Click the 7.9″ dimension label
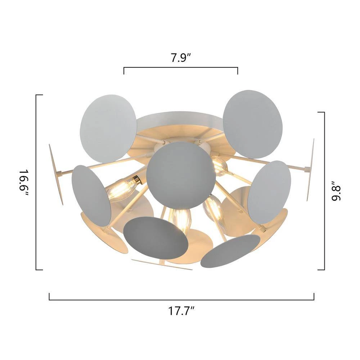coord(181,58)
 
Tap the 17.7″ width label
coord(181,311)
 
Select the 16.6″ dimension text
coord(24,183)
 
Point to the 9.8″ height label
coord(336,190)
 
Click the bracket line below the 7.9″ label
coord(181,68)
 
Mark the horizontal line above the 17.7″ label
coord(181,300)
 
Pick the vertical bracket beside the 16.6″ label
coord(36,182)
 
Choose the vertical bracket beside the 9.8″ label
coord(324,191)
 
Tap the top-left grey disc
coord(108,129)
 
